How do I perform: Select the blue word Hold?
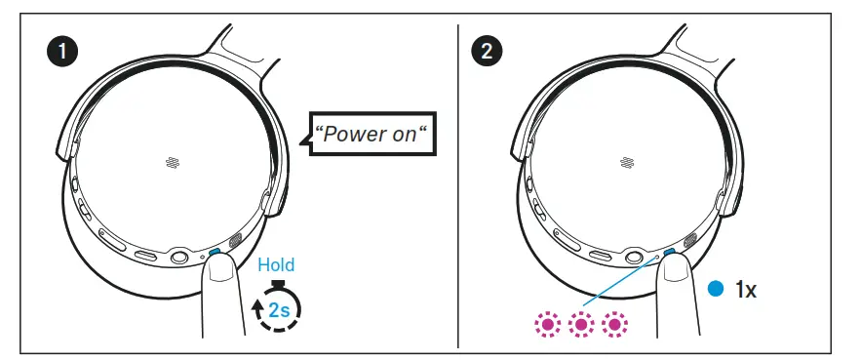[x=276, y=264]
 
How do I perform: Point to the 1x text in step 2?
[x=746, y=289]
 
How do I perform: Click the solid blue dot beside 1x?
[x=716, y=289]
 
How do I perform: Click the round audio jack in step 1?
[x=179, y=258]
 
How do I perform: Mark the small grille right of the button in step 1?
[x=234, y=243]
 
